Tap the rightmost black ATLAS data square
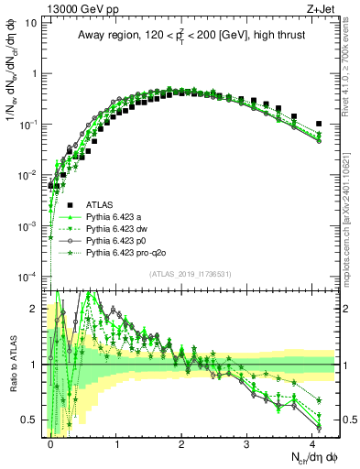point(318,124)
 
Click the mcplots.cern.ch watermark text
point(350,211)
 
